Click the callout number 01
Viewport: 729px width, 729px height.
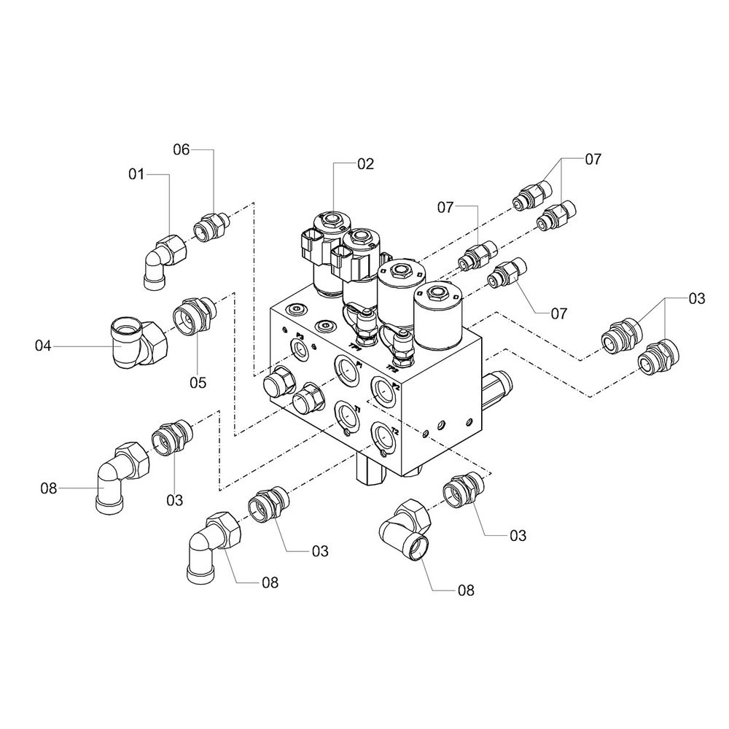pos(136,174)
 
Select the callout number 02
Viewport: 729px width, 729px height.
pos(365,164)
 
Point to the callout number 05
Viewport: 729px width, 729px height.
pos(198,382)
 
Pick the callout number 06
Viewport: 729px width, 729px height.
pos(182,149)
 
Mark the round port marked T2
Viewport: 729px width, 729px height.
pos(383,438)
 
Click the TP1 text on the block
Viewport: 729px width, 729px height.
pos(356,346)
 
